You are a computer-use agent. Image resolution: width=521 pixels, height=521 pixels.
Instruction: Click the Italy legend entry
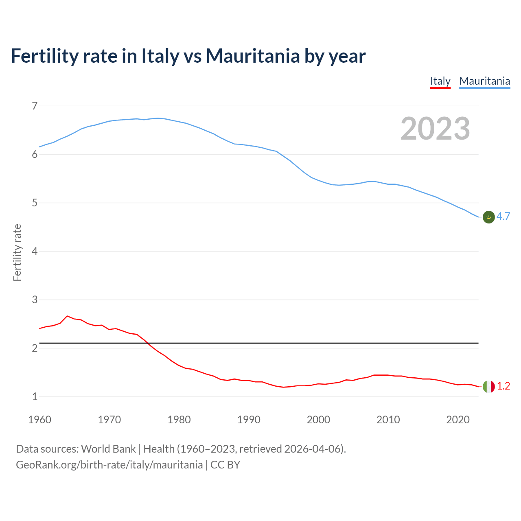440,81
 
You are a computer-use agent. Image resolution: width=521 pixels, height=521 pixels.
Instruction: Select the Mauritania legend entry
484,81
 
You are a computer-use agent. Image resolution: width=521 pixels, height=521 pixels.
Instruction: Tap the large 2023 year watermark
435,129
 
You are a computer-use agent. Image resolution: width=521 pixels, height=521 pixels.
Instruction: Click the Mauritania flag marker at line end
488,217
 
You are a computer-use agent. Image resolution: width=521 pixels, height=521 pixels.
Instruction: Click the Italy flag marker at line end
488,386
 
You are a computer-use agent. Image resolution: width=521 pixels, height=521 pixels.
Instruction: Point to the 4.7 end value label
503,217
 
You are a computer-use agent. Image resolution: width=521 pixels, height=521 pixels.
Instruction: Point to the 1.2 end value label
503,386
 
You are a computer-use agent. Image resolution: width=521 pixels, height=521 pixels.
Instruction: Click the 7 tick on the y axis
35,106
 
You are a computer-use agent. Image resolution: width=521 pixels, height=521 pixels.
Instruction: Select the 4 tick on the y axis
35,252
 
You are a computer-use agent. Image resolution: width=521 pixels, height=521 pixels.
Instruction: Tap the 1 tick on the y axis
35,396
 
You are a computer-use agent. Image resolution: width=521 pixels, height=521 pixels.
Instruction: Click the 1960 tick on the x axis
39,420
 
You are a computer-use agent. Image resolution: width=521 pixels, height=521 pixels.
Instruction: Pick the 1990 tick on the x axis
249,420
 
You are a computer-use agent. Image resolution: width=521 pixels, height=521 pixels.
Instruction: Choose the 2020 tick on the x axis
458,420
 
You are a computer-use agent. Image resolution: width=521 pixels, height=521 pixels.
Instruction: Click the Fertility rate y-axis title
17,252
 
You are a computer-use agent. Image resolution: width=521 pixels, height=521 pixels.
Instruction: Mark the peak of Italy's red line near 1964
67,316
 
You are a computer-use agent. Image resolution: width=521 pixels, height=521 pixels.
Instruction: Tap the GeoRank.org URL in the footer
109,465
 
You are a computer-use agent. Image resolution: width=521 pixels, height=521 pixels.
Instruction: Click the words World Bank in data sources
108,449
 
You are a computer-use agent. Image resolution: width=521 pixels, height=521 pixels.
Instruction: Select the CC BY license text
225,465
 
